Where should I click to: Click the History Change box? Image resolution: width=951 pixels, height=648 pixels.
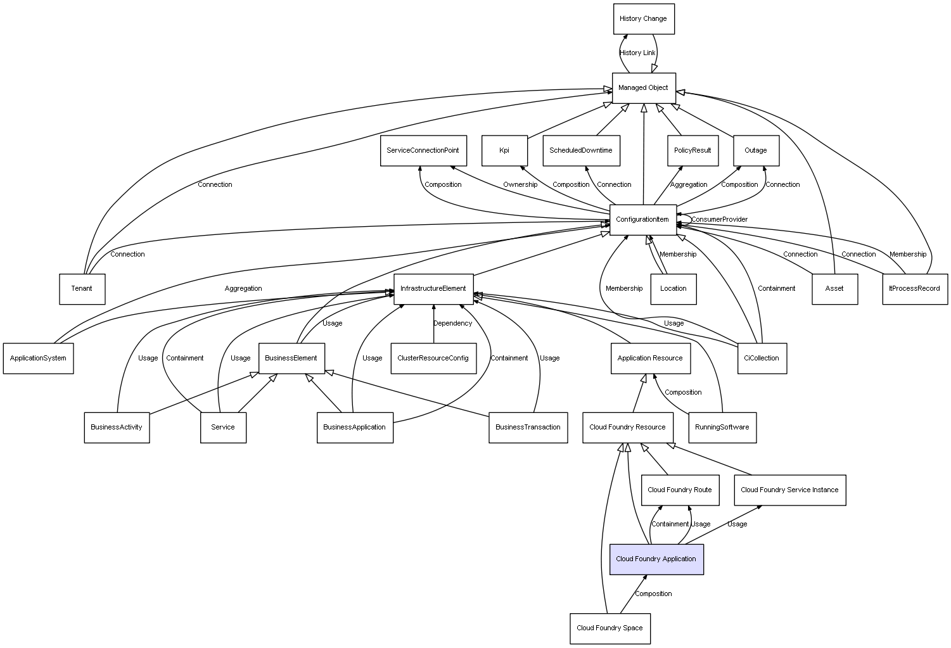643,19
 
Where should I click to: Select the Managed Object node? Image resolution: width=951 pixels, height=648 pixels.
643,88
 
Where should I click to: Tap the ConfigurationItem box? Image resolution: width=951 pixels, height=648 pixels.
642,220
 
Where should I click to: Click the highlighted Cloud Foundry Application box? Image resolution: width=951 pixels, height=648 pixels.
656,559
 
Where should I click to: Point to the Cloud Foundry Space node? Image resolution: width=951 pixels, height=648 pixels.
610,628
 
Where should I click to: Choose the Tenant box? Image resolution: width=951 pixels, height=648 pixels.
82,289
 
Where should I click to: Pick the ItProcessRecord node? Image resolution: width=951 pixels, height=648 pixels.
914,289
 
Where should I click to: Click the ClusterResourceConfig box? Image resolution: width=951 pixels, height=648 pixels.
433,359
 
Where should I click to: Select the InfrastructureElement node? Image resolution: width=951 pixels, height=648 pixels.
433,289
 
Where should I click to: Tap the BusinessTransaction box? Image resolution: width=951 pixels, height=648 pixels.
528,428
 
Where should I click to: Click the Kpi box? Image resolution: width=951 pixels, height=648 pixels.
504,151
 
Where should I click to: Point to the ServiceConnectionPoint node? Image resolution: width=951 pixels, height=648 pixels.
423,151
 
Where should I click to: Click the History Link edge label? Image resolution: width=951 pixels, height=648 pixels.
637,53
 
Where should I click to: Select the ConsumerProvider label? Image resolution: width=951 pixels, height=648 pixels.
719,220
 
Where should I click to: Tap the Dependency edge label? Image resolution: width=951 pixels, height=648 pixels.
452,324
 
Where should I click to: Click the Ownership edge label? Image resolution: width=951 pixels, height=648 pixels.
520,185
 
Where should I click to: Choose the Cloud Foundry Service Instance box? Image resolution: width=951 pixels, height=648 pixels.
789,490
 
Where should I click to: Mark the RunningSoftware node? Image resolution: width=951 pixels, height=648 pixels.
722,428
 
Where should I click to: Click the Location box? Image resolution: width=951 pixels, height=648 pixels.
673,289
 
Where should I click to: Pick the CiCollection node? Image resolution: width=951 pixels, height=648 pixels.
762,359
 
